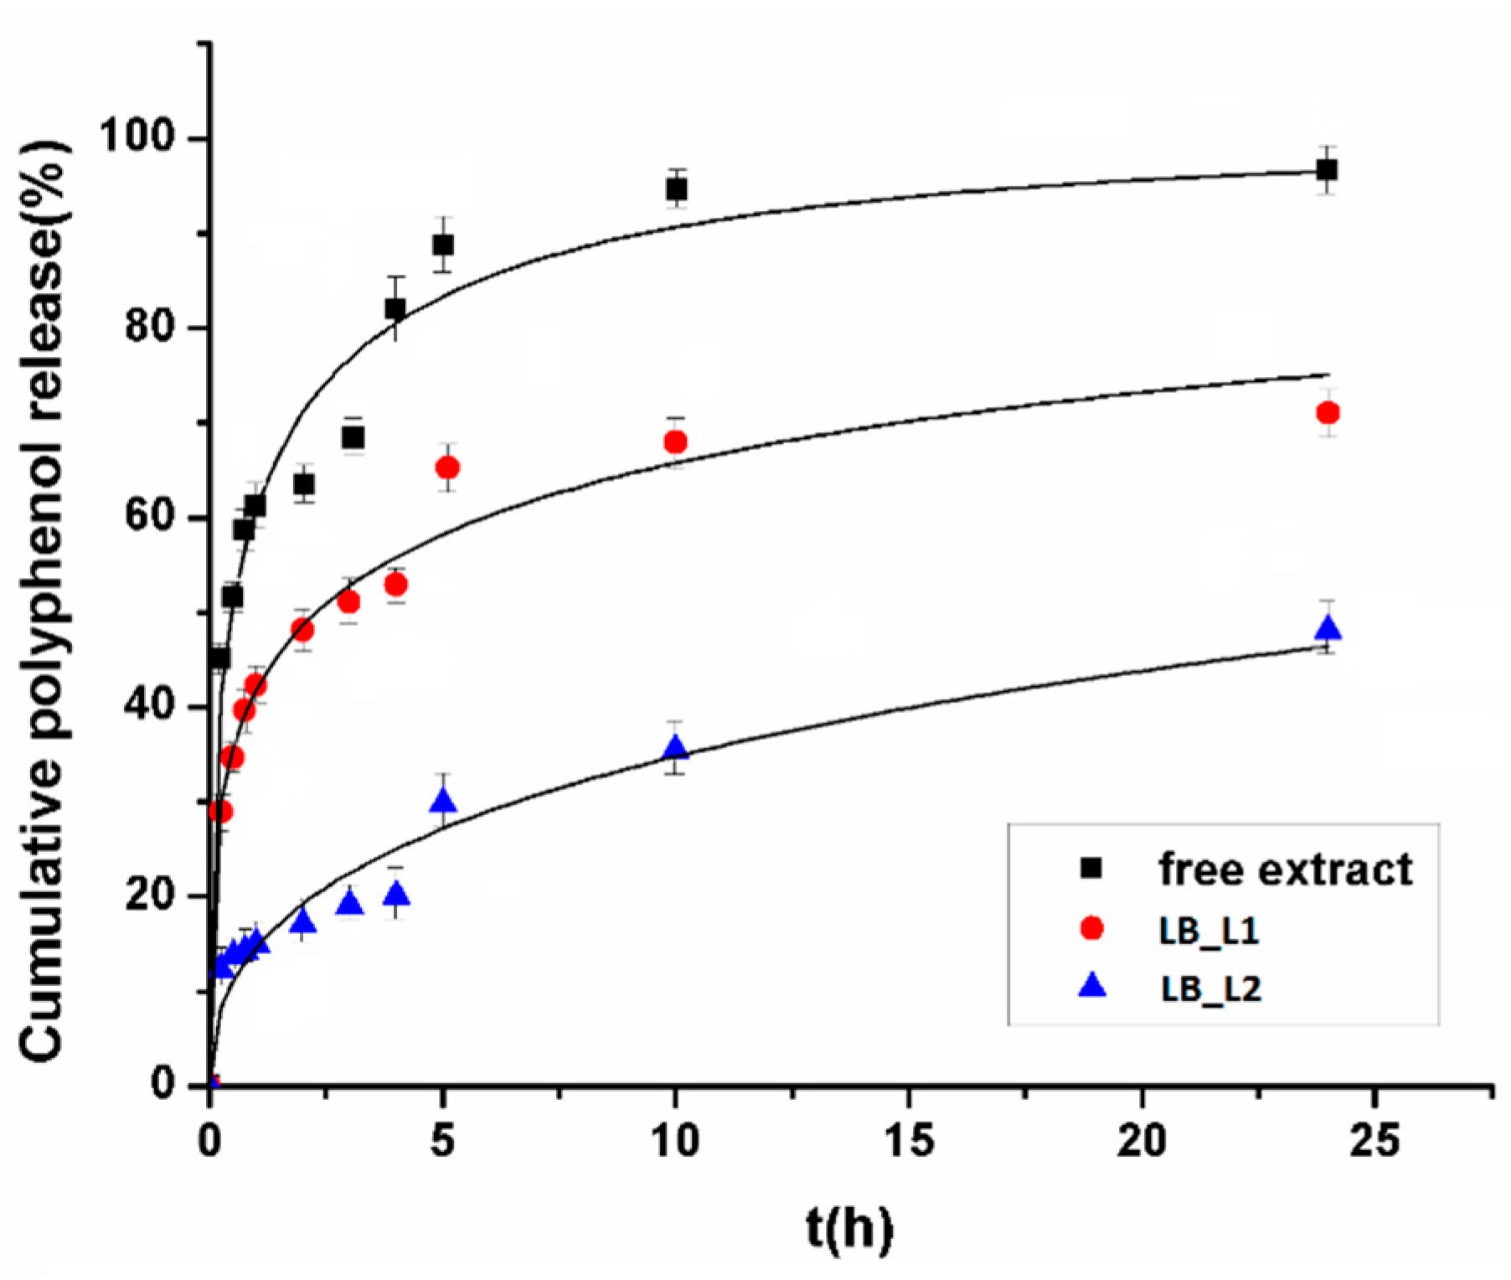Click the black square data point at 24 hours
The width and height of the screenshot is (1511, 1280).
tap(1327, 171)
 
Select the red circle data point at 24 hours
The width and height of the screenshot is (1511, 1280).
tap(1328, 413)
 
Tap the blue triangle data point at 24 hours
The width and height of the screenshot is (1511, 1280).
tap(1328, 628)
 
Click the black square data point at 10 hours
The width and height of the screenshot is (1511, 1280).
tap(677, 189)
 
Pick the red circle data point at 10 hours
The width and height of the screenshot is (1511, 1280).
tap(675, 441)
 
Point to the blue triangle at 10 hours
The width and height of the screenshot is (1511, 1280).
tap(676, 747)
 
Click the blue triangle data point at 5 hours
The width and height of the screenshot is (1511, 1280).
tap(443, 802)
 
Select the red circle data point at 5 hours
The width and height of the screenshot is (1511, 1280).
tap(447, 467)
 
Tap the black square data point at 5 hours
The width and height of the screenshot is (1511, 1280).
tap(443, 245)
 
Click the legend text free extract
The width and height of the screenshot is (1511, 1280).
tap(1285, 870)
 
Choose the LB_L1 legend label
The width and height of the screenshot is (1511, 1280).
tap(1209, 931)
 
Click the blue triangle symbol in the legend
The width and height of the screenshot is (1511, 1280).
tap(1092, 987)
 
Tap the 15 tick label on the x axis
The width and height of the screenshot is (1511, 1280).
tap(910, 1141)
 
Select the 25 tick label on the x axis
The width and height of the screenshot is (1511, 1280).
tap(1374, 1141)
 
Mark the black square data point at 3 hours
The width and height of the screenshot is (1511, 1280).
tap(353, 437)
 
